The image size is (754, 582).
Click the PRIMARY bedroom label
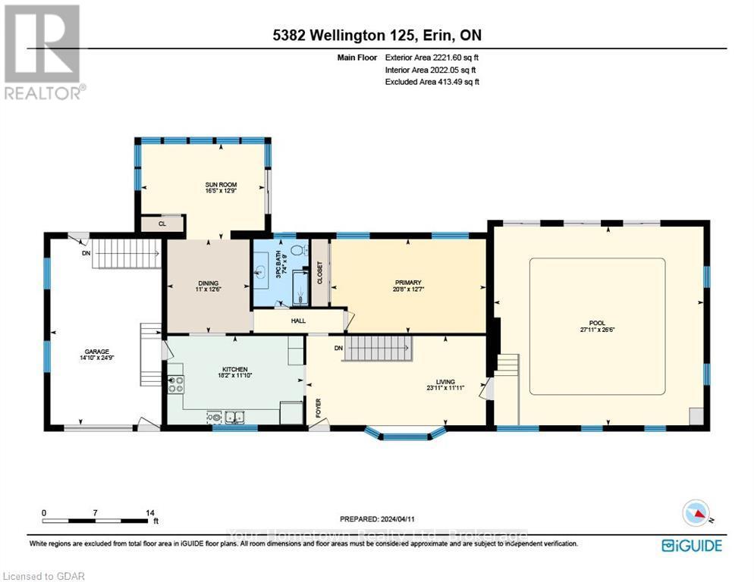(407, 283)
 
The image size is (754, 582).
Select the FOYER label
(319, 408)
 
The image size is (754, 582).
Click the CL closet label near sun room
(162, 224)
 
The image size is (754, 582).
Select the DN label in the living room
(338, 349)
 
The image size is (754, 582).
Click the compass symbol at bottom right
(696, 514)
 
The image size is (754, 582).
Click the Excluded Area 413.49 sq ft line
(433, 81)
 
